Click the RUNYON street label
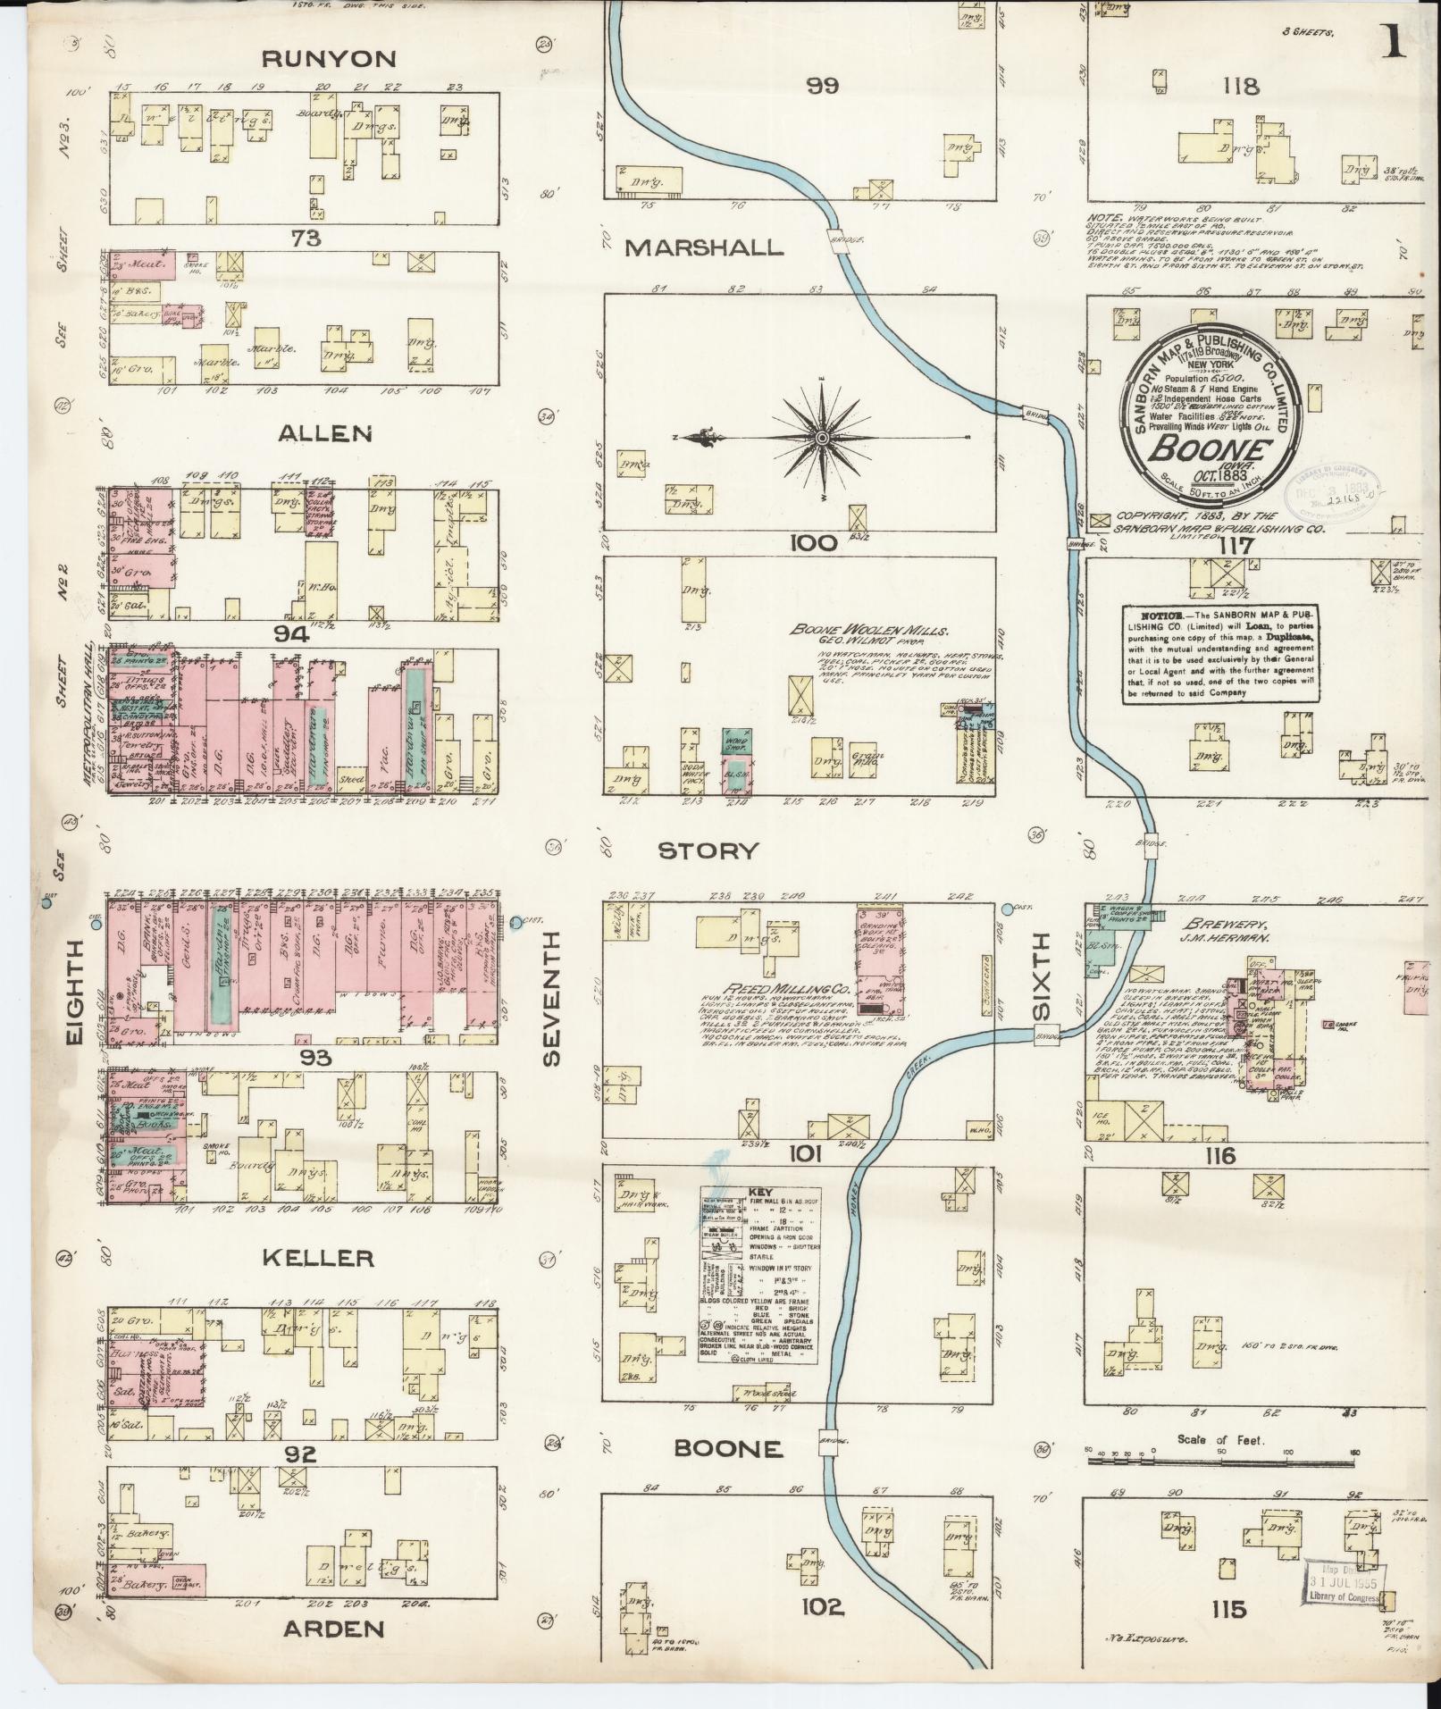(328, 60)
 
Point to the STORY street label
(708, 850)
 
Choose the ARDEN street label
(334, 1629)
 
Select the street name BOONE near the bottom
(728, 1448)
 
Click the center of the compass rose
(820, 437)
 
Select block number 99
(822, 87)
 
